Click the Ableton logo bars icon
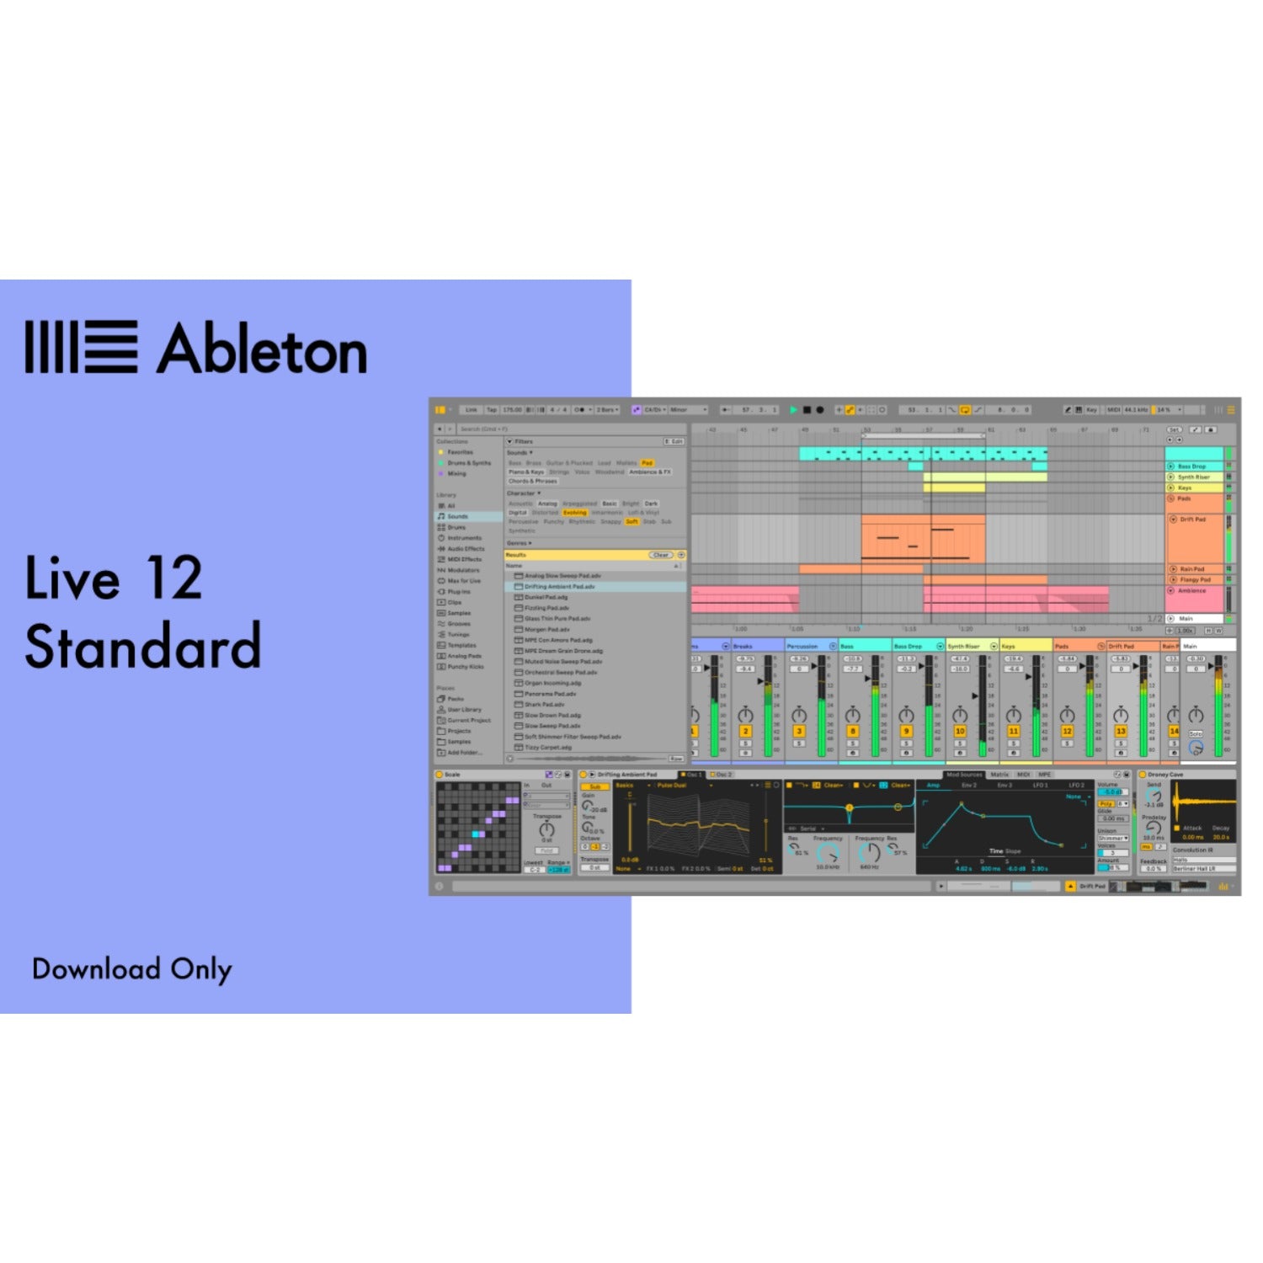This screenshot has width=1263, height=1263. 81,346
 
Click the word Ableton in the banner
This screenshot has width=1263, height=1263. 263,349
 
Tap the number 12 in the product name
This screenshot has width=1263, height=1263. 173,578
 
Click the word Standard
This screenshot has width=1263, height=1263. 143,647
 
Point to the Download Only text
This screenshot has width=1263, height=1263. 131,969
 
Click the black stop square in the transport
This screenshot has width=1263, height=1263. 807,410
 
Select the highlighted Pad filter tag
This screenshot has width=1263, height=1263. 647,463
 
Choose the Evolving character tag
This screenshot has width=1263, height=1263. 574,513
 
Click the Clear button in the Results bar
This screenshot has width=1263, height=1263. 661,555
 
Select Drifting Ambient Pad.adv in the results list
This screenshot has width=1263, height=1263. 560,587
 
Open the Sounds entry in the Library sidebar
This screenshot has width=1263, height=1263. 457,516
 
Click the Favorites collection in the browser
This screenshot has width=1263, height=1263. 460,452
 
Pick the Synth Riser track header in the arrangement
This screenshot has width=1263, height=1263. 1193,477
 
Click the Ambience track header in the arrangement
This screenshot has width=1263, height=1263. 1191,591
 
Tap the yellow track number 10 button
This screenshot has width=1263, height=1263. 960,732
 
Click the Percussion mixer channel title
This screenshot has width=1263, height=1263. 802,646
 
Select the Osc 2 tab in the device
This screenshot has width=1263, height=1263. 722,775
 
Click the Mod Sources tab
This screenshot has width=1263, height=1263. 964,775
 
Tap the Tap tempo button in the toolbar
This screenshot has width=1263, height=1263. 492,410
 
